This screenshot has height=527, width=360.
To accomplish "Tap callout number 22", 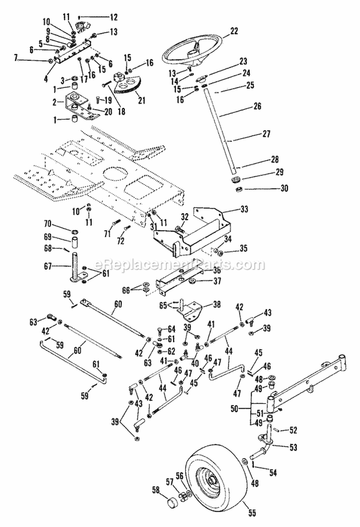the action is click(x=234, y=31).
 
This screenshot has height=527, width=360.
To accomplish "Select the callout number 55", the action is click(x=252, y=513).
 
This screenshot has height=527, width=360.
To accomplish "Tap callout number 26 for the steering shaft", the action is click(x=257, y=107).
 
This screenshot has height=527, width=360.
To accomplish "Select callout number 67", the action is click(x=48, y=267).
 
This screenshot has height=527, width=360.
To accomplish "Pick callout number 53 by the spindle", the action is click(x=293, y=447).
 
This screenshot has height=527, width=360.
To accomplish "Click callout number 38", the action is click(x=217, y=305).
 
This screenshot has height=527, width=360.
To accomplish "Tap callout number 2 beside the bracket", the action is click(x=55, y=102).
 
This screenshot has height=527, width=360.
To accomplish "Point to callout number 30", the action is click(x=285, y=188).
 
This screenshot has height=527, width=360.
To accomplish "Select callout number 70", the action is click(x=48, y=223).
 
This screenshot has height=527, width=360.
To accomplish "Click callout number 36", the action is click(x=217, y=270).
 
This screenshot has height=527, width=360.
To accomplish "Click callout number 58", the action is click(x=156, y=490).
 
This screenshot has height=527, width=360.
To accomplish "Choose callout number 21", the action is click(x=142, y=100).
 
